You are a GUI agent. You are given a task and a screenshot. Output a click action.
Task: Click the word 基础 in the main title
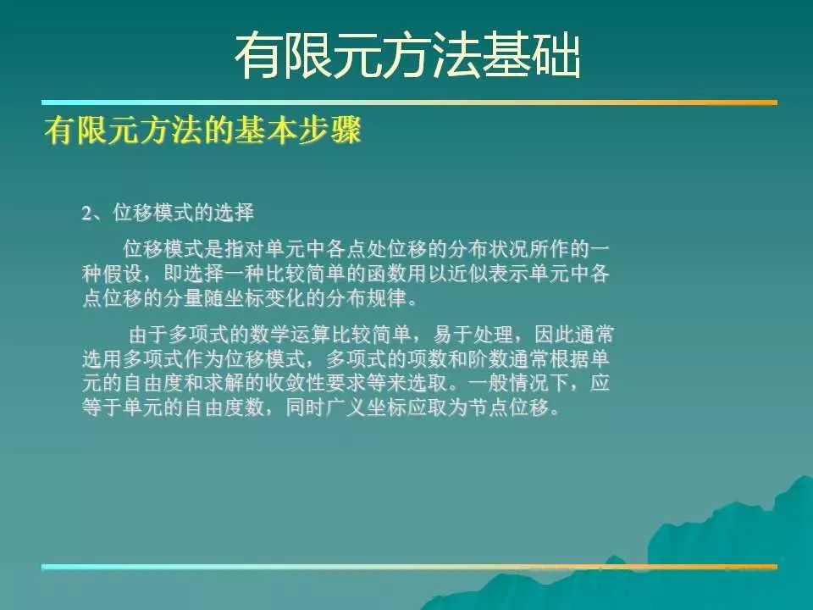(x=532, y=55)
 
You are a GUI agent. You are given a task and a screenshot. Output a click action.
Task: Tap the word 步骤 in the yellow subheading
(x=329, y=130)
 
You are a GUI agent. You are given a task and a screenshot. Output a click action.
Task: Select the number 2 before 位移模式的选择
(x=86, y=213)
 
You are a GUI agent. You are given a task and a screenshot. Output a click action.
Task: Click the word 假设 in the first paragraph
(x=122, y=274)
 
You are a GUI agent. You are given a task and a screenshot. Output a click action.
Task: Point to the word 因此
(x=554, y=335)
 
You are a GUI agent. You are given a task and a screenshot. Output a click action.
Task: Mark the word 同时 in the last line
(x=306, y=408)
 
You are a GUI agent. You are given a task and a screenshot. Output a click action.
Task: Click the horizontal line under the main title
(x=410, y=103)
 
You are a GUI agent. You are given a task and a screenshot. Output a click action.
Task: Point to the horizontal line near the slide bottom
(x=410, y=567)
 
